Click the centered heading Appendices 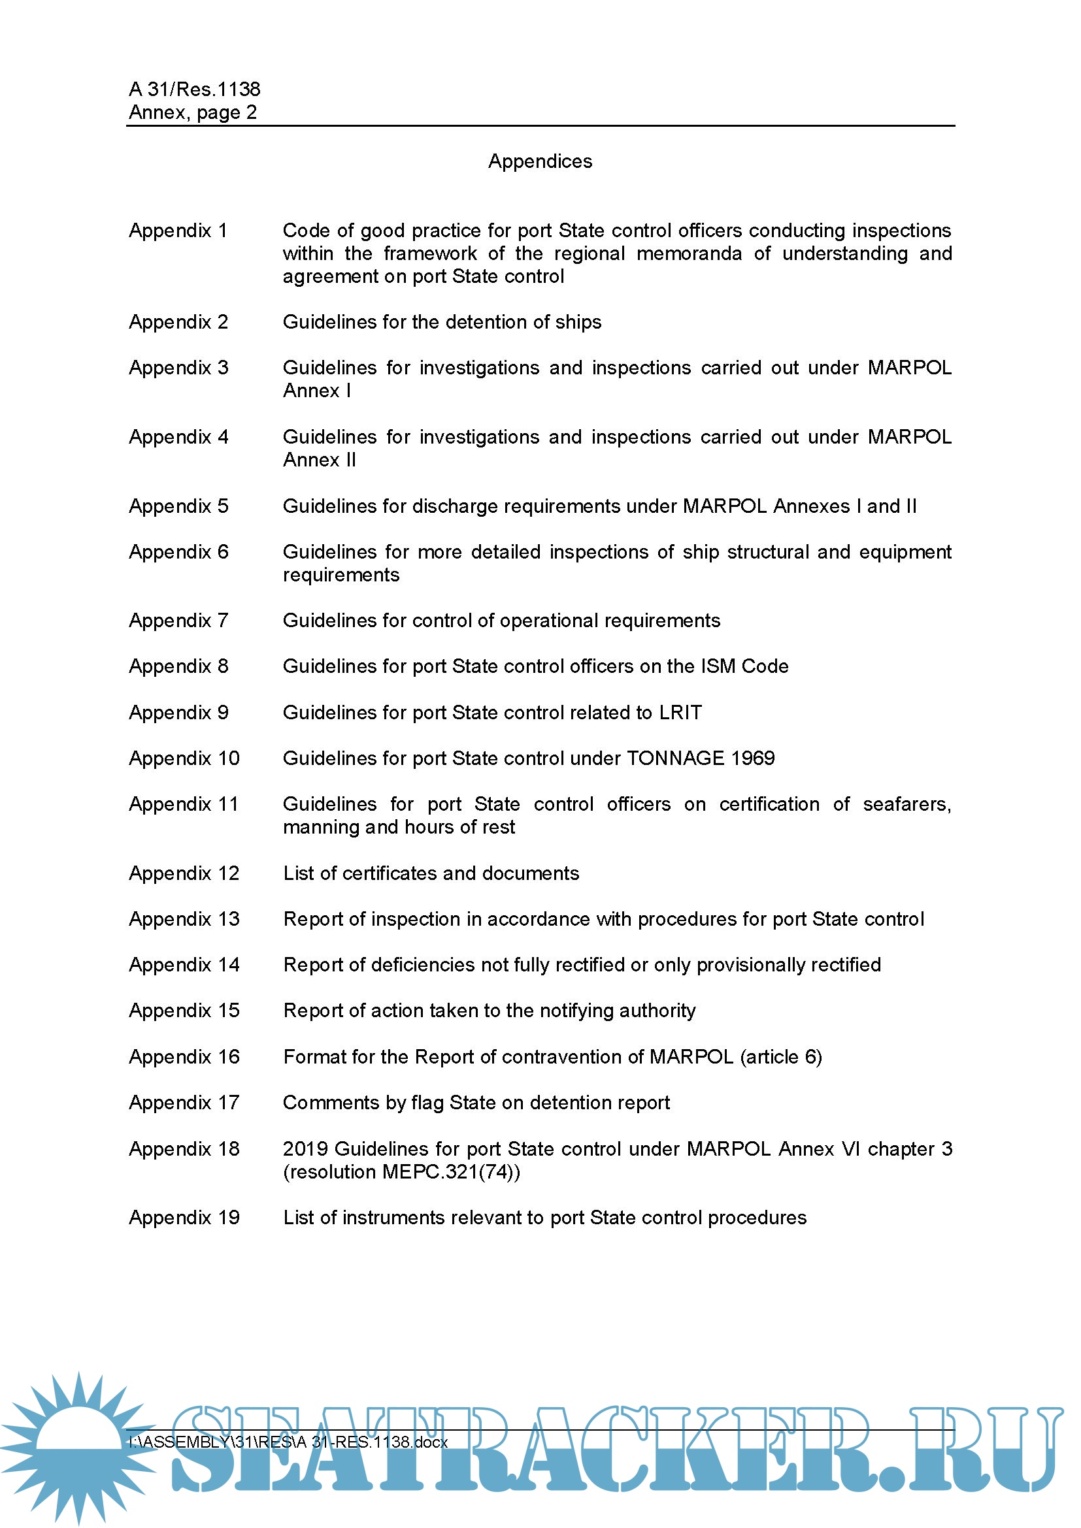pos(540,162)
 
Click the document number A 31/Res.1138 pos(194,89)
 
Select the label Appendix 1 pos(178,231)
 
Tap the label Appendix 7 pos(178,621)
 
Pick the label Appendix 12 pos(184,874)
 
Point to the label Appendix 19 pos(184,1218)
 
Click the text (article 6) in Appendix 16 pos(781,1058)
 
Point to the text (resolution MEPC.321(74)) pos(401,1172)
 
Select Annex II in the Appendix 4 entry pos(320,461)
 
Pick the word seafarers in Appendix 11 pos(906,805)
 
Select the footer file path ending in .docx pos(288,1442)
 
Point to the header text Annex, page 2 pos(192,112)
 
